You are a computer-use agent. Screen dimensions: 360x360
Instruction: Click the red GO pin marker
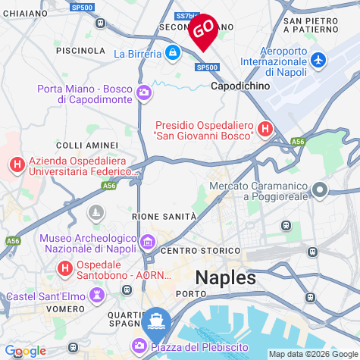(x=202, y=30)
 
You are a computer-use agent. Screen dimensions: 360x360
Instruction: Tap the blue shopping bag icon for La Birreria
(x=173, y=53)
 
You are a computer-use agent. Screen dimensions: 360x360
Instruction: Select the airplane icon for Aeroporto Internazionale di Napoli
(x=318, y=59)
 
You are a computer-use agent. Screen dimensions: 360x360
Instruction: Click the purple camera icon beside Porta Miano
(x=144, y=93)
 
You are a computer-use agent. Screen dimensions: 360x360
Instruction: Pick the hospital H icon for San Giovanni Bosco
(x=265, y=129)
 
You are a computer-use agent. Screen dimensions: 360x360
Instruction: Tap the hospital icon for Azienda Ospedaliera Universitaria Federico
(x=17, y=164)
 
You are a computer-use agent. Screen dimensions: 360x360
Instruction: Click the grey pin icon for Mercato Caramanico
(x=320, y=190)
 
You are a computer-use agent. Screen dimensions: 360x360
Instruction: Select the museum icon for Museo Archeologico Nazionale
(x=148, y=243)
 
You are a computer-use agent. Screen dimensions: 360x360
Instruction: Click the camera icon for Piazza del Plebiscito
(x=140, y=346)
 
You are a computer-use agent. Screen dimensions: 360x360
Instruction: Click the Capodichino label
(x=239, y=86)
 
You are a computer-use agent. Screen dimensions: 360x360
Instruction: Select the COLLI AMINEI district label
(x=87, y=145)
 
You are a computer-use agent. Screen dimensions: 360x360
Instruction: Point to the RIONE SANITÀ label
(x=164, y=217)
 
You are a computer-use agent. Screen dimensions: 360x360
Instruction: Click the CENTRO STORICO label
(x=201, y=251)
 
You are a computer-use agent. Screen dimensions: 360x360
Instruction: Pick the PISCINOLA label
(x=80, y=50)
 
